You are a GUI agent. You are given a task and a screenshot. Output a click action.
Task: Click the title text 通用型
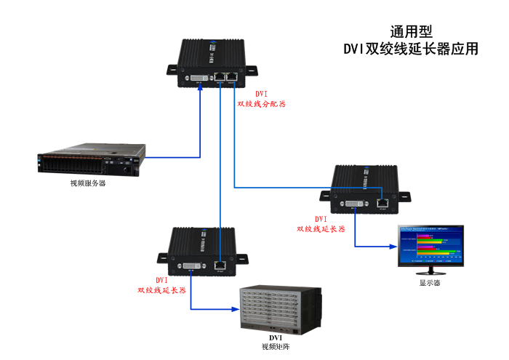[x=411, y=31]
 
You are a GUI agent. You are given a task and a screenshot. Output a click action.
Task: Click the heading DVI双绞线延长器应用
[x=411, y=49]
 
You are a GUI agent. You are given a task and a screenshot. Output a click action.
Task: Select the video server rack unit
[x=92, y=161]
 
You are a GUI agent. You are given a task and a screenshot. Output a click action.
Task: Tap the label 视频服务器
[x=88, y=183]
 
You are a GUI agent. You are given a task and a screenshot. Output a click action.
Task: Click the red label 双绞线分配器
[x=262, y=104]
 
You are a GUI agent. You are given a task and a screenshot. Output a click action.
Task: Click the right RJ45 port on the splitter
[x=233, y=76]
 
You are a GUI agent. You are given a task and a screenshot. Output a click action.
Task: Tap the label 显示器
[x=429, y=284]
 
